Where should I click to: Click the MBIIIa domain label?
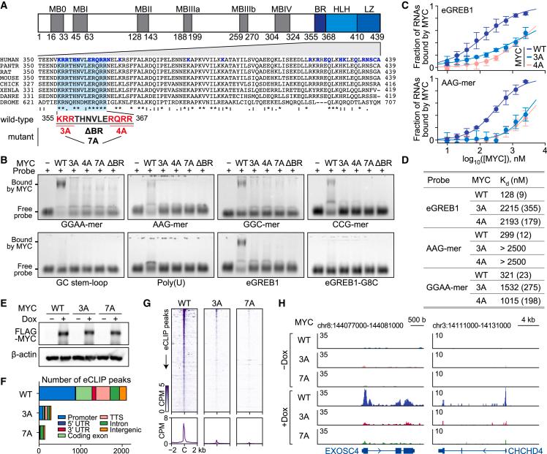pos(142,6)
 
